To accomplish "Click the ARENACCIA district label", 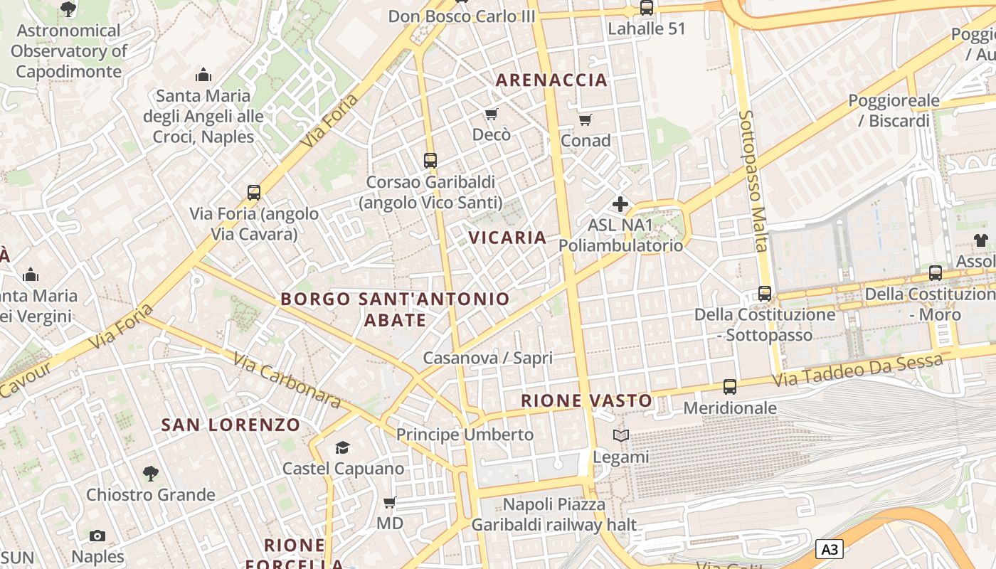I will point(551,80).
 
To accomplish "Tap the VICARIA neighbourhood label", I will point(508,238).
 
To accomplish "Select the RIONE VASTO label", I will point(586,400).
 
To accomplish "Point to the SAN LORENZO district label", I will point(231,425).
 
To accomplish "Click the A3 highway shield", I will point(830,549).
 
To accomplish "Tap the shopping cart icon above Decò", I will point(491,114).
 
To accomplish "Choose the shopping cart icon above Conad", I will point(585,119).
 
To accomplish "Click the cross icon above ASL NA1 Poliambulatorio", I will point(620,205).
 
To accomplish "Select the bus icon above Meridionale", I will point(730,387).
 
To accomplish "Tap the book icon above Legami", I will point(621,435).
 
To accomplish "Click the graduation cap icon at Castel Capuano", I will point(343,447).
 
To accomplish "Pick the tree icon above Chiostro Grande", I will point(150,473).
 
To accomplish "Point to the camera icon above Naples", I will point(97,536).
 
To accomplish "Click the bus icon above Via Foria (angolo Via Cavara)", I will point(254,192).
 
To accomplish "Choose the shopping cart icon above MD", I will point(389,503).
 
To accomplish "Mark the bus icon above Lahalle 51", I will point(646,8).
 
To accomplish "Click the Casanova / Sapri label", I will point(487,358).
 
